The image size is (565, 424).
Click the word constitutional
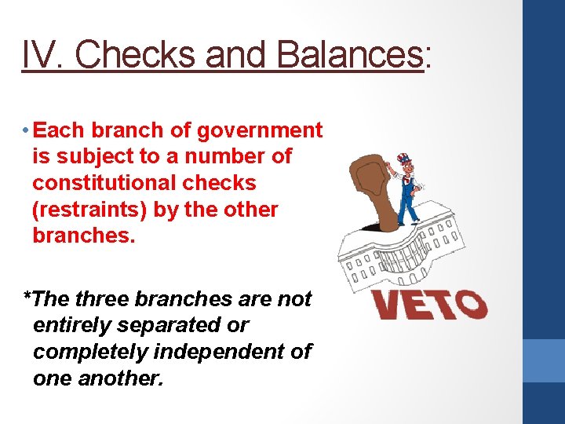point(144,183)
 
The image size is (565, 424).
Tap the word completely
point(86,352)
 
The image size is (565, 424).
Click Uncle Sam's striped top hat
point(404,161)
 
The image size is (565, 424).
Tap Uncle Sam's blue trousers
point(409,209)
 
